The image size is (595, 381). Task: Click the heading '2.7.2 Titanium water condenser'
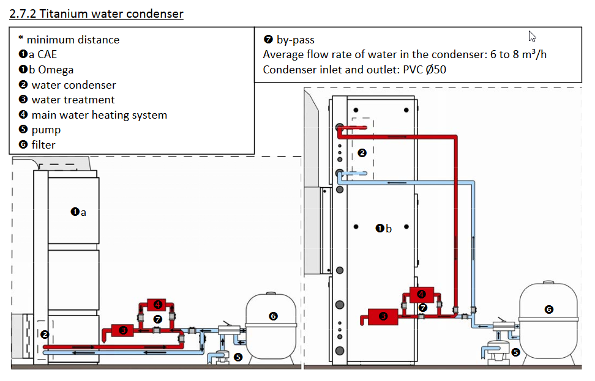[x=96, y=13]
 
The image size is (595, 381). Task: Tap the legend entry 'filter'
[x=43, y=145]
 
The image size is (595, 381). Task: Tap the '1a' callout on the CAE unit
[x=78, y=212]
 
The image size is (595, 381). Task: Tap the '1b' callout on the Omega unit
[x=384, y=229]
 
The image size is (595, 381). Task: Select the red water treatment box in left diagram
[x=123, y=330]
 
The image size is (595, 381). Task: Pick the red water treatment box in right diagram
[x=383, y=316]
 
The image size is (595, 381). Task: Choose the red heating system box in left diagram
[x=157, y=305]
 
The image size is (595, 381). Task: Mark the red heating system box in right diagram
[x=422, y=294]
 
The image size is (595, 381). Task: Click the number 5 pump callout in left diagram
[x=238, y=357]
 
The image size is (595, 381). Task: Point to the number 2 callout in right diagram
[x=362, y=153]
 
